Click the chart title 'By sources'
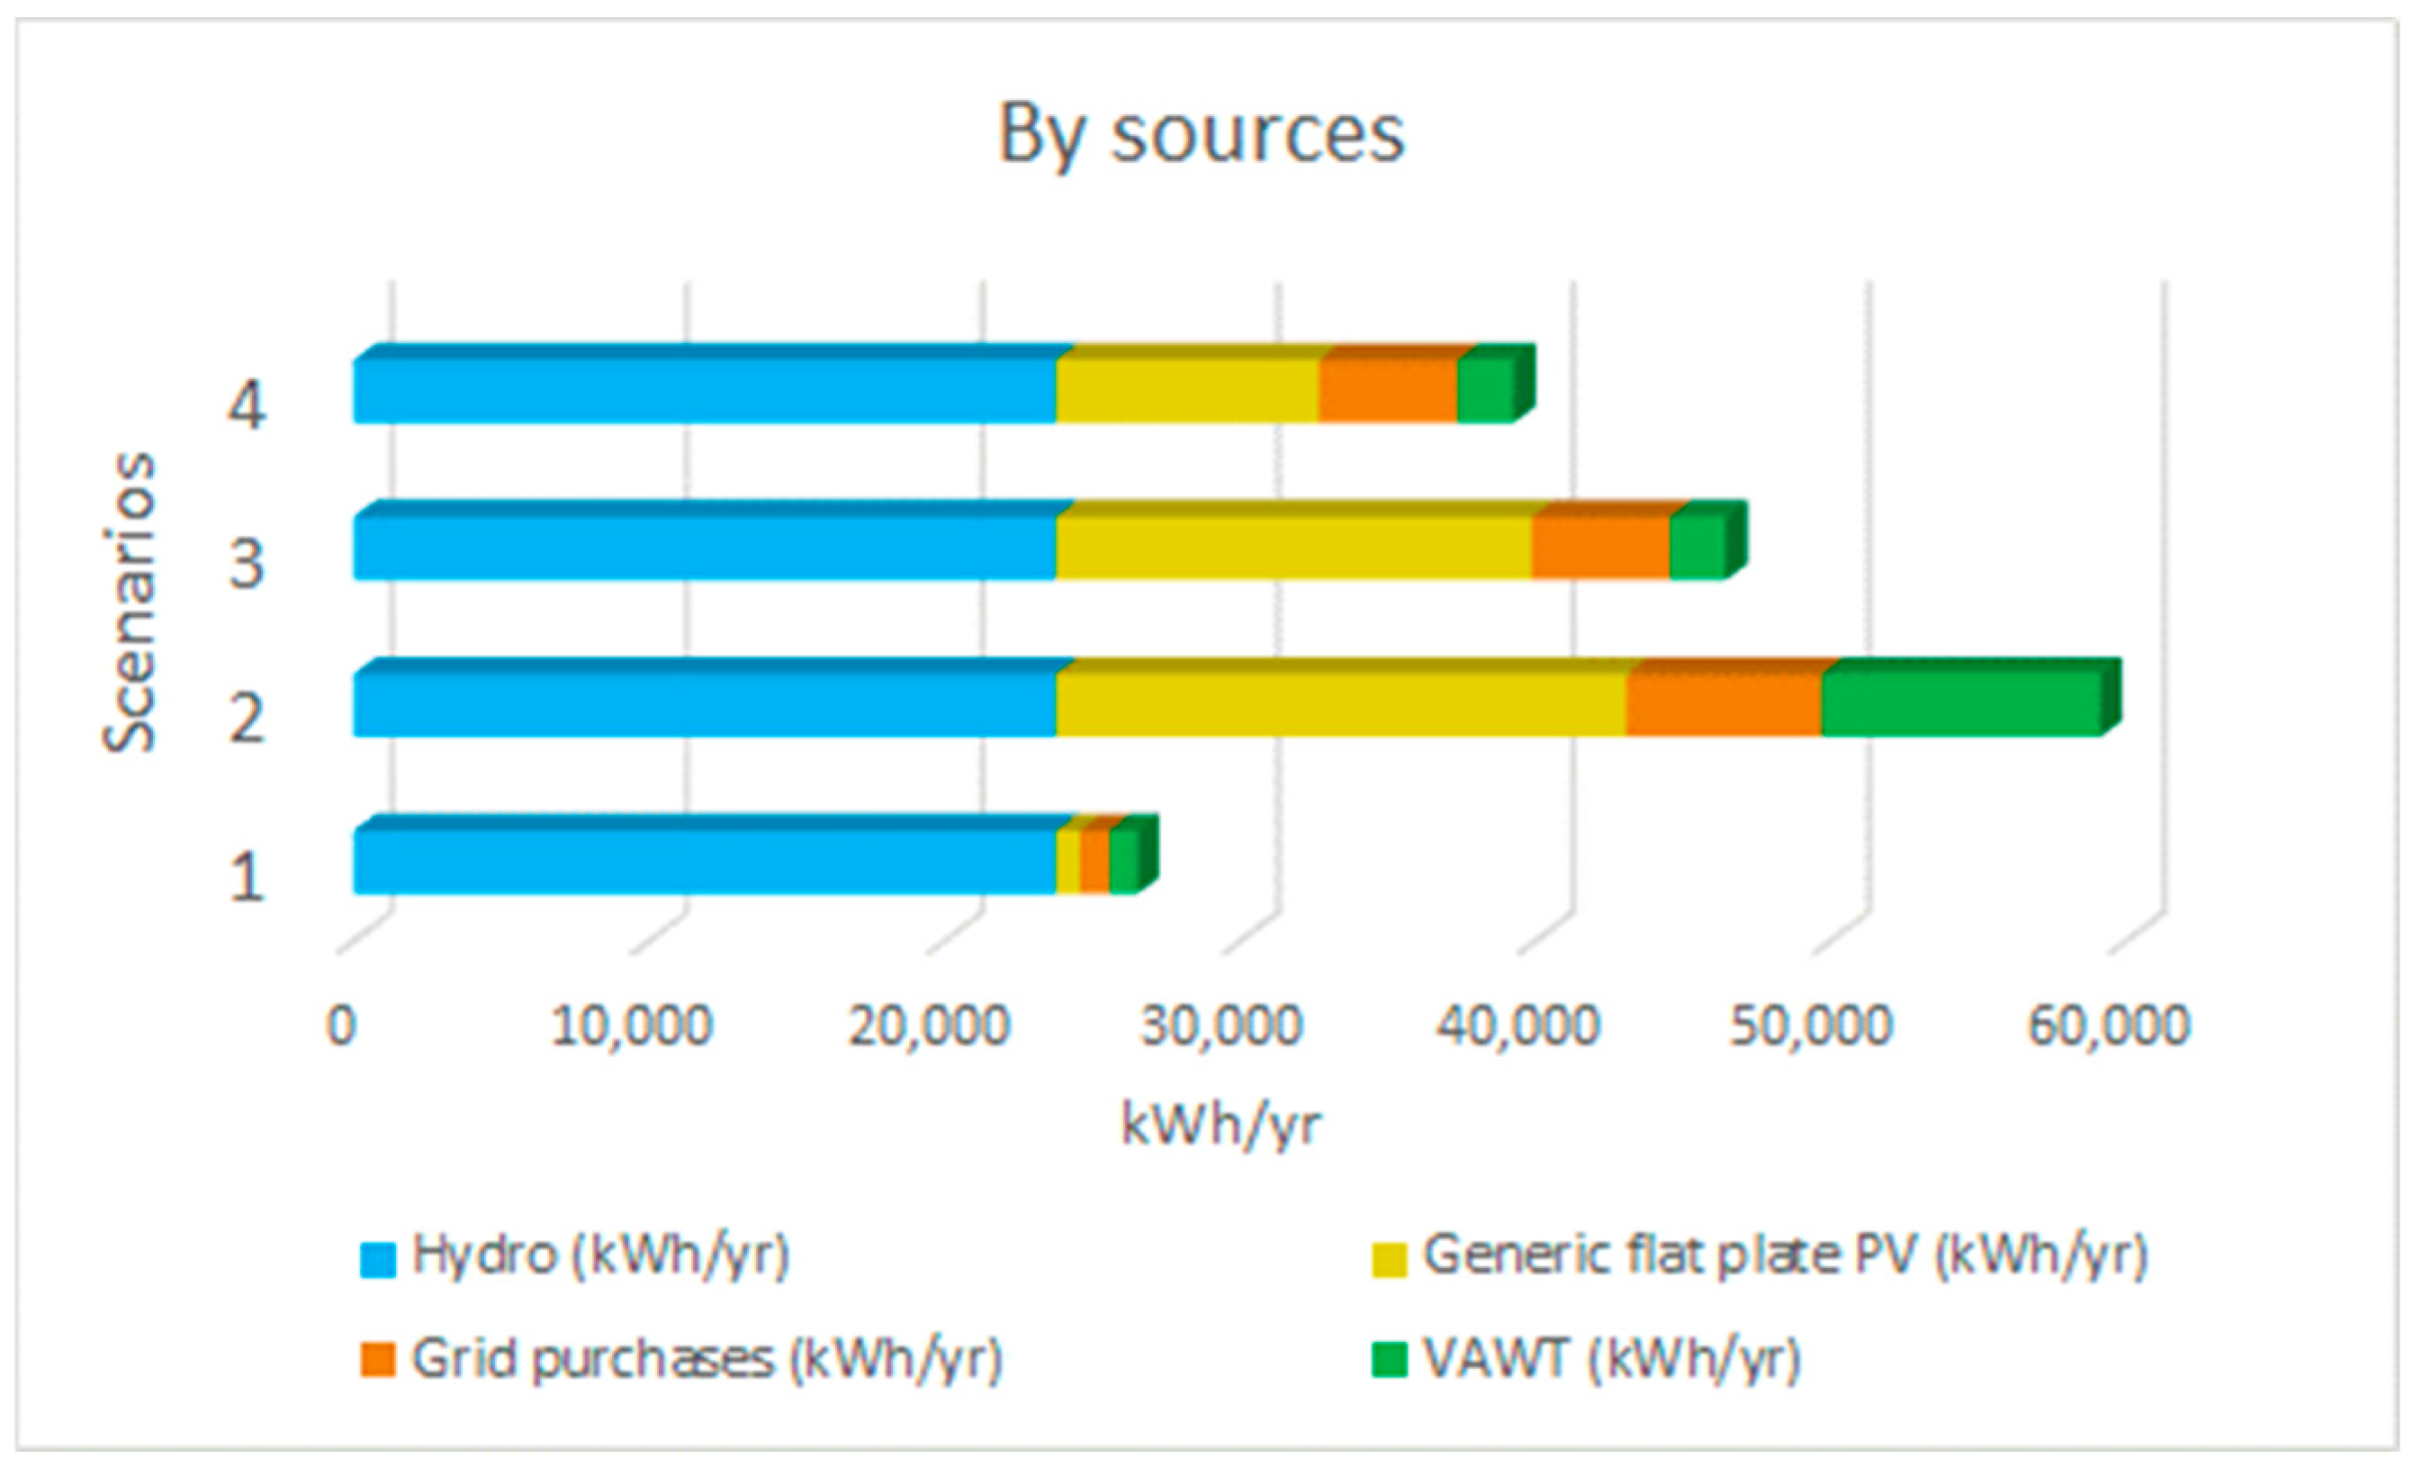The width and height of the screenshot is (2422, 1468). coord(1202,135)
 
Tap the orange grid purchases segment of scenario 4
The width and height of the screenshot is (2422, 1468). coord(1388,385)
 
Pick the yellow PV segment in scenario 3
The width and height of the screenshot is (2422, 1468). coord(1294,540)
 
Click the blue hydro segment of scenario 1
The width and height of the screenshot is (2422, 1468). coord(705,855)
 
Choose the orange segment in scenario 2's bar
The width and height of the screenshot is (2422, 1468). coord(1724,697)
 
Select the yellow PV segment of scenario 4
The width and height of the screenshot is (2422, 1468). coord(1187,385)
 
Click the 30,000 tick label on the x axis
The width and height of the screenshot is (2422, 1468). coord(1222,1026)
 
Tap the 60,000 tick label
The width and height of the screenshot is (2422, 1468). coord(2110,1026)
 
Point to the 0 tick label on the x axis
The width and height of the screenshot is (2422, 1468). coord(341,1026)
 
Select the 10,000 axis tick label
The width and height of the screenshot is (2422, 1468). coord(631,1026)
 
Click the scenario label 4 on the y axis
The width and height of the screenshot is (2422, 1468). coord(246,406)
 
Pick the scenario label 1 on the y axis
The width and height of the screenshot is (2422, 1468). coord(246,877)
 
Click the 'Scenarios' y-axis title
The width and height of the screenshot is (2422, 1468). coord(129,602)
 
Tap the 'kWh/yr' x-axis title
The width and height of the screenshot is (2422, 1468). coord(1222,1124)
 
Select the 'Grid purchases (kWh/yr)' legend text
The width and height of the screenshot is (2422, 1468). coord(707,1360)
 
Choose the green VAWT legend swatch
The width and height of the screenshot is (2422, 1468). coord(1390,1360)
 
